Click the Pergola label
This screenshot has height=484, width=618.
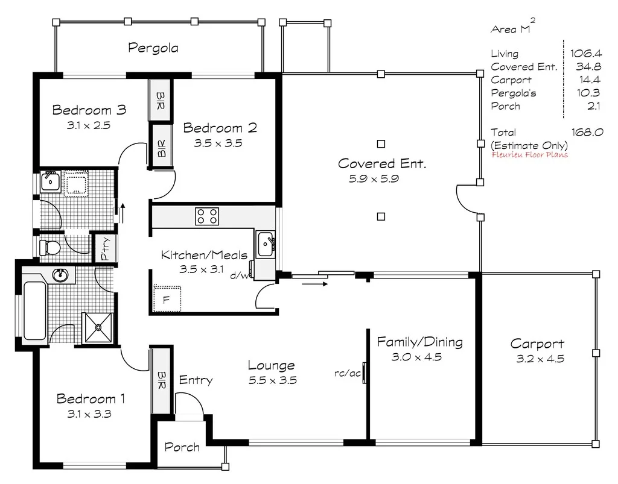[x=153, y=48]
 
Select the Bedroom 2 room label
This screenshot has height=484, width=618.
[x=220, y=128]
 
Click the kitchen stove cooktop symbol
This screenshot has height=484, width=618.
[x=206, y=216]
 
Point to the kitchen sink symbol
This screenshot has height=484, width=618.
[x=266, y=244]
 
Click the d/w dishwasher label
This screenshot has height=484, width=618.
[x=238, y=275]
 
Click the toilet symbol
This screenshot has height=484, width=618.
[x=49, y=247]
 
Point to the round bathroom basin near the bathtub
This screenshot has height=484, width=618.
[x=60, y=276]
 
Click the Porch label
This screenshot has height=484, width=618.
[x=182, y=447]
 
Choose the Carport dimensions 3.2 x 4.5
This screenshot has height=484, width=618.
[x=537, y=359]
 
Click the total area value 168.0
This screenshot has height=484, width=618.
[x=587, y=132]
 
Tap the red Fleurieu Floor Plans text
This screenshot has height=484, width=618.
[x=530, y=155]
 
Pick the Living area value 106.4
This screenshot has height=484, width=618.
[x=585, y=54]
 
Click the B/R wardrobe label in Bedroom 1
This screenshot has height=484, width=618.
[x=161, y=380]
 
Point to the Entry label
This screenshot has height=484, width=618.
[x=196, y=380]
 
